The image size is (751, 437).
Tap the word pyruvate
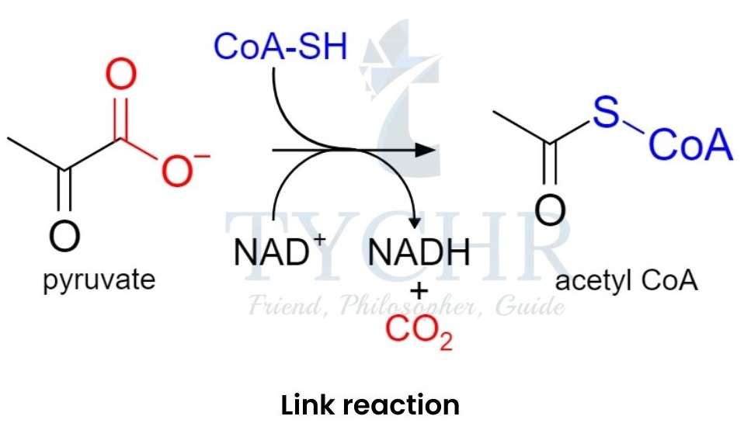click(x=99, y=279)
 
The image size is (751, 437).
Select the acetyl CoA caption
click(x=627, y=280)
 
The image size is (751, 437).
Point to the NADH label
click(x=420, y=252)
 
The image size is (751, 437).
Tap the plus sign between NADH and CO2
click(x=420, y=293)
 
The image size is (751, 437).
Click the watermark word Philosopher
click(x=403, y=306)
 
